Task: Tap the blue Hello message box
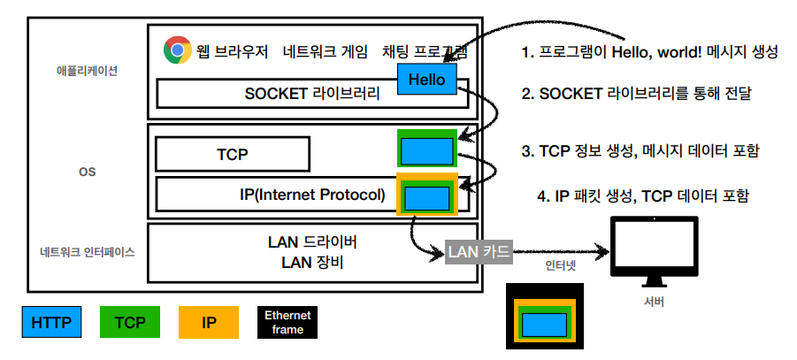pyautogui.click(x=427, y=80)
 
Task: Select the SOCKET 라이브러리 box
pyautogui.click(x=274, y=93)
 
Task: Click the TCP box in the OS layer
pyautogui.click(x=233, y=154)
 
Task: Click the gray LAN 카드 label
pyautogui.click(x=479, y=252)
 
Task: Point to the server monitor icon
pyautogui.click(x=654, y=251)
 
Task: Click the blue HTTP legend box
pyautogui.click(x=50, y=322)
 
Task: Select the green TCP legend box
pyautogui.click(x=130, y=322)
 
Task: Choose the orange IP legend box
pyautogui.click(x=209, y=322)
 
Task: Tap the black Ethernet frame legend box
pyautogui.click(x=288, y=322)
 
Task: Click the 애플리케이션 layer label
pyautogui.click(x=80, y=71)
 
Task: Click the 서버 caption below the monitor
pyautogui.click(x=654, y=303)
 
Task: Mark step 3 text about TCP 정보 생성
pyautogui.click(x=640, y=150)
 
